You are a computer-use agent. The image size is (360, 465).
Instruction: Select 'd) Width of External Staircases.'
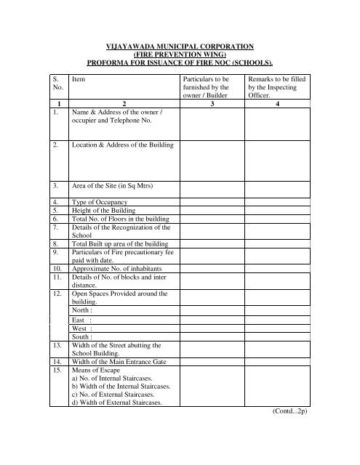[121, 404]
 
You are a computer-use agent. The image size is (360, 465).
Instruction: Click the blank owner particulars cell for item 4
[210, 200]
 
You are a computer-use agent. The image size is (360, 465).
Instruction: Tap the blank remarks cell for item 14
[279, 361]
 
